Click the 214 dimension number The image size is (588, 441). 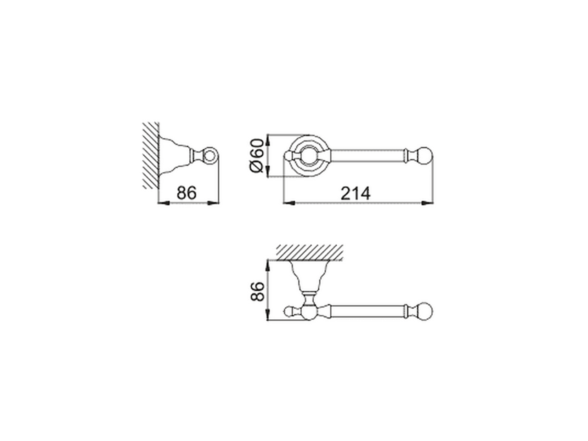[x=355, y=193]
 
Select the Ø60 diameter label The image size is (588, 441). [x=258, y=155]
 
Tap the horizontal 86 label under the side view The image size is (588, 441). [x=187, y=193]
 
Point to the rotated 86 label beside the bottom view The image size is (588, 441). [x=258, y=291]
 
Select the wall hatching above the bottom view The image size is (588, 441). [x=310, y=252]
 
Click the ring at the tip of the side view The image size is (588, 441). [x=210, y=155]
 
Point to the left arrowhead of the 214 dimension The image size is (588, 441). [x=287, y=202]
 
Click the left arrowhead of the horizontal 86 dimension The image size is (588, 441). [x=162, y=202]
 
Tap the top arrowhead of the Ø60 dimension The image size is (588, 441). [x=268, y=137]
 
